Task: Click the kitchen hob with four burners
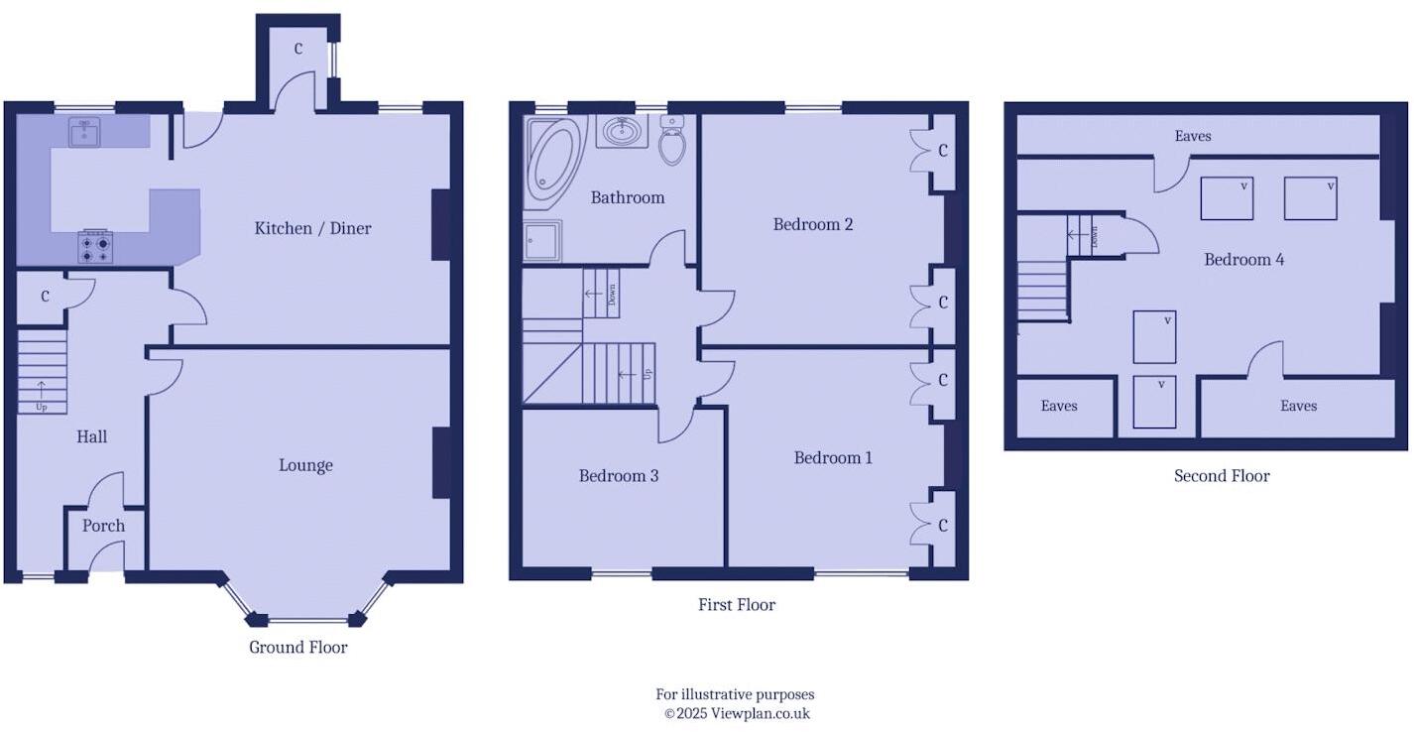pos(95,247)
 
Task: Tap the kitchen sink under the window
pos(84,132)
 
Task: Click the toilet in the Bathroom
pos(672,141)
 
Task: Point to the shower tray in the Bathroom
pos(542,241)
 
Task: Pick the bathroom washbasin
pos(622,131)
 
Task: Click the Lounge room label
pos(305,465)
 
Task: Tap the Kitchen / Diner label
pos(312,228)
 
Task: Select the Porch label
pos(103,526)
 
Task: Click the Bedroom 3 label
pos(619,476)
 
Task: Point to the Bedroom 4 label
pos(1243,260)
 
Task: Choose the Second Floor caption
pos(1222,476)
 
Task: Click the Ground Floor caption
pos(297,648)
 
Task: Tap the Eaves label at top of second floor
pos(1192,136)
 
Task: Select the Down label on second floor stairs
pos(1095,236)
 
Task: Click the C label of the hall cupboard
pos(46,297)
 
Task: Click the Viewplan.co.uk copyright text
pos(736,713)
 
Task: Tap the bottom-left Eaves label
pos(1059,406)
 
